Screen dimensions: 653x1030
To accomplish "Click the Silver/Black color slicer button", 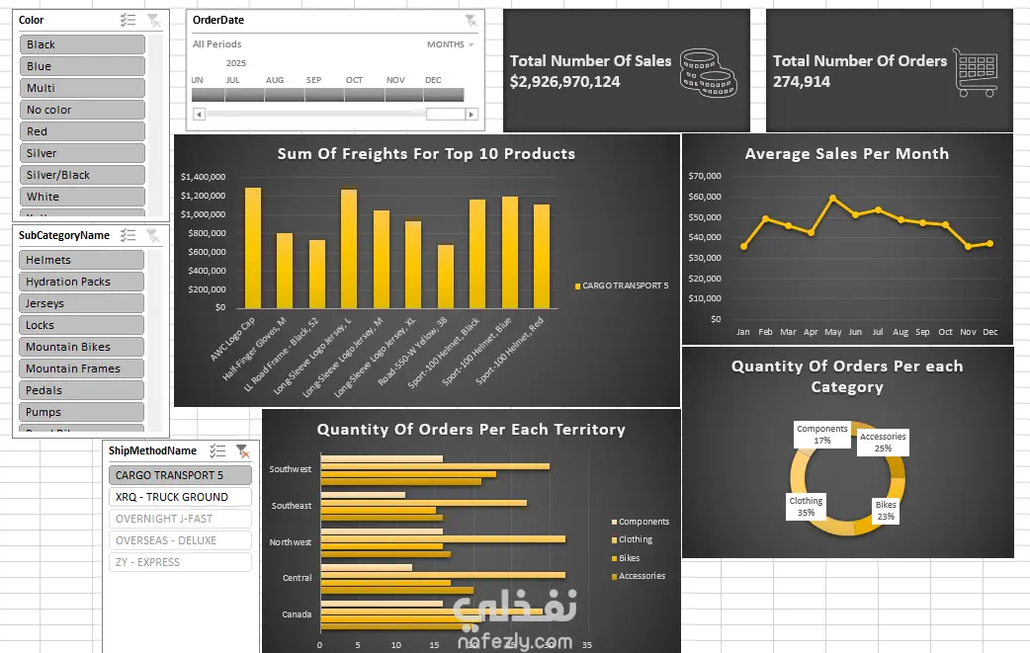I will pos(82,175).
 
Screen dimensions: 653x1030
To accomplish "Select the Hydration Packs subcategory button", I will pos(82,282).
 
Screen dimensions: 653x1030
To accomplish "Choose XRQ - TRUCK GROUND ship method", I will pos(180,497).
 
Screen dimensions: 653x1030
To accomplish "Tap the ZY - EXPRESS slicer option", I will pos(180,562).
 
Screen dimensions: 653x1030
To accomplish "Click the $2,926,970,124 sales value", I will pos(565,82).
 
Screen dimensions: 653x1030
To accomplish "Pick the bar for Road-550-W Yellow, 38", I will pos(446,277).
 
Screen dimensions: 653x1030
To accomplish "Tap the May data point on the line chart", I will pos(833,199).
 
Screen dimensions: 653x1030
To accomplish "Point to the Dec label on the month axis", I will pos(989,332).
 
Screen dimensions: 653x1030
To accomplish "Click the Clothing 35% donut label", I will pos(807,507).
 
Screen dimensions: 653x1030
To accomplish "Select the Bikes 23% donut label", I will pos(886,511).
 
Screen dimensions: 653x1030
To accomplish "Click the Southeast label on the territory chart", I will pos(291,506).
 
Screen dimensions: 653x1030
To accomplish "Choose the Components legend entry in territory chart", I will pos(644,522).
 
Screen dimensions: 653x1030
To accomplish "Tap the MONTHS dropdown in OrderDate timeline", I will pos(450,44).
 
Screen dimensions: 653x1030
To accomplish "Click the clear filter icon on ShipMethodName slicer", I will pos(242,450).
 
